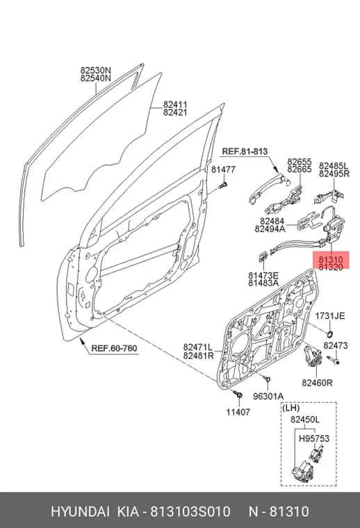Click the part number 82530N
point(96,71)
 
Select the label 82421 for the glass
point(175,113)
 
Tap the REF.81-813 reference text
point(245,152)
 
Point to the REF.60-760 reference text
point(115,348)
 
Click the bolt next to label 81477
point(223,185)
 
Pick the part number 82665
point(300,170)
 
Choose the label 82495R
point(334,174)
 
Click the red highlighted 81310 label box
point(332,261)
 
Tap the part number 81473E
point(263,275)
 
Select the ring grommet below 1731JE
point(330,334)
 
